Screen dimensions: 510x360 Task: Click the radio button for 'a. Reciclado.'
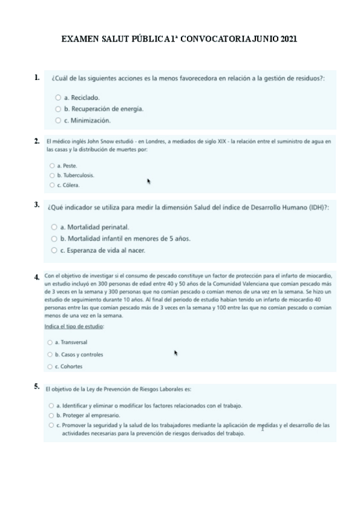coord(58,97)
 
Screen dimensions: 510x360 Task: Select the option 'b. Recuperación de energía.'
coord(58,109)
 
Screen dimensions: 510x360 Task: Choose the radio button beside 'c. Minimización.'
coord(58,120)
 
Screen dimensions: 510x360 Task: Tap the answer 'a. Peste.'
coord(52,165)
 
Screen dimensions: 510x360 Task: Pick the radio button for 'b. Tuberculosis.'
coord(52,175)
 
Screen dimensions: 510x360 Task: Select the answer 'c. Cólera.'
coord(52,185)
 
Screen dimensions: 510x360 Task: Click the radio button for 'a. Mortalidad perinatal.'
coord(54,227)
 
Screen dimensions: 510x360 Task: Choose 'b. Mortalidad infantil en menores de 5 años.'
coord(54,239)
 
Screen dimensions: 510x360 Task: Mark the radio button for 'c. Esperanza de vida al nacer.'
coord(54,250)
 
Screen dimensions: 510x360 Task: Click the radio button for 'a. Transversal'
coord(50,342)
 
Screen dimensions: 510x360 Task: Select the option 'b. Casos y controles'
coord(50,354)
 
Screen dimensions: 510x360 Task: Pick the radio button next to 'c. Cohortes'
coord(50,366)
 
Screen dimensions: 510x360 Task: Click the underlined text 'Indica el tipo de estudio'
coord(75,327)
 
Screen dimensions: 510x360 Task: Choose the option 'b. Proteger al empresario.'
coord(51,415)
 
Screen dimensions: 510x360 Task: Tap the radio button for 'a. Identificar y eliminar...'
coord(51,406)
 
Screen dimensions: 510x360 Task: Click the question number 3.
coord(37,204)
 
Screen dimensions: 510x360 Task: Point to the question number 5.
coord(37,386)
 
